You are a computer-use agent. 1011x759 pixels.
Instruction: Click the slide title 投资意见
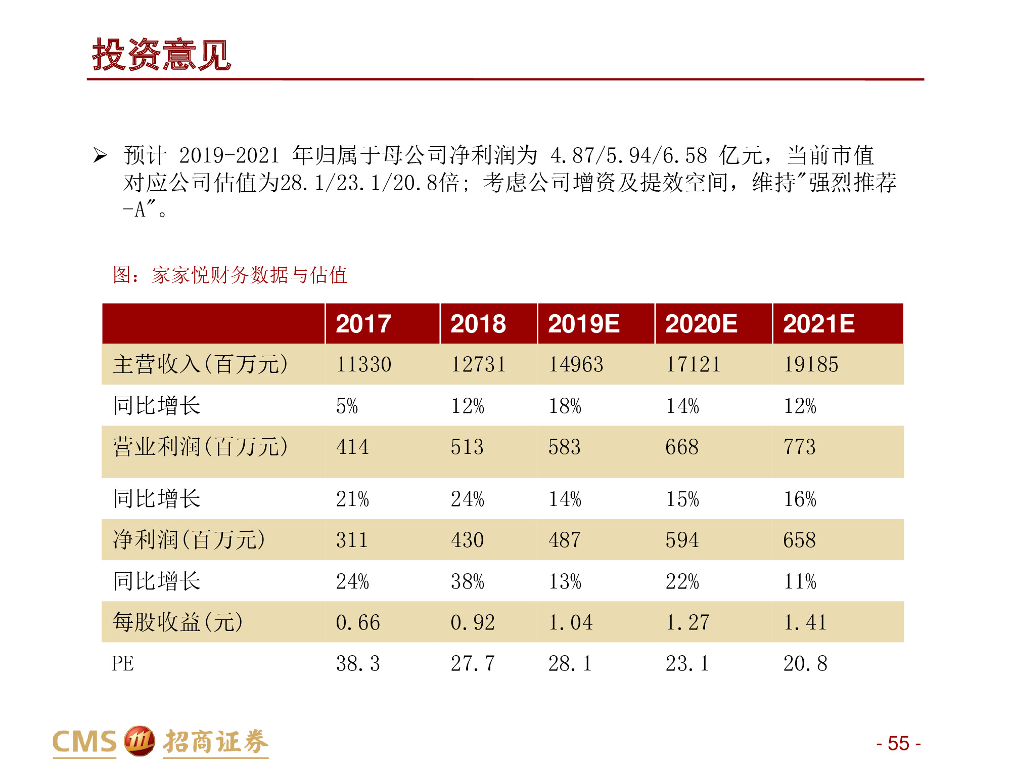(x=161, y=55)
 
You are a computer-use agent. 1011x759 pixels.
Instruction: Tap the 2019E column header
(x=583, y=324)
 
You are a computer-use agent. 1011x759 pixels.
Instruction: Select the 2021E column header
(x=818, y=324)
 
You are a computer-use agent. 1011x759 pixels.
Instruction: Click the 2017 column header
(x=363, y=324)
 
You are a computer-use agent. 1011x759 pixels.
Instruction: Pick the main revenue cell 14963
(x=576, y=365)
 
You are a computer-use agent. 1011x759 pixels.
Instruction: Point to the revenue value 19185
(x=811, y=365)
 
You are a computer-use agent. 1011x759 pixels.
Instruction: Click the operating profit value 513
(x=467, y=447)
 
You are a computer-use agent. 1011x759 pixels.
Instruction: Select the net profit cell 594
(x=682, y=540)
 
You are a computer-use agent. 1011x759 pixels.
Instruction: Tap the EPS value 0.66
(x=358, y=622)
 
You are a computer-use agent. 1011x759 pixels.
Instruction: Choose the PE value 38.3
(x=358, y=664)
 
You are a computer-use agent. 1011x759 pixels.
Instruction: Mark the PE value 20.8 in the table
(x=805, y=664)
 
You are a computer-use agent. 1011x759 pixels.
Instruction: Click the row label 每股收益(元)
(x=177, y=622)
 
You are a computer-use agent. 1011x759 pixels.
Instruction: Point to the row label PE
(x=123, y=664)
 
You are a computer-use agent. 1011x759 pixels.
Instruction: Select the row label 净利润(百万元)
(x=189, y=540)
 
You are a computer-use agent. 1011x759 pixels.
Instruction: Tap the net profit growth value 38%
(x=467, y=582)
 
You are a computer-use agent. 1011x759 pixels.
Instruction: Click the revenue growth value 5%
(x=347, y=406)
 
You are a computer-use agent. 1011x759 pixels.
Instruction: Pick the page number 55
(x=898, y=743)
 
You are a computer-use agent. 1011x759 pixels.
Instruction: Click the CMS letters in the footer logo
(x=84, y=742)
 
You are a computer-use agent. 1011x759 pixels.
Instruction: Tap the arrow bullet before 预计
(x=100, y=155)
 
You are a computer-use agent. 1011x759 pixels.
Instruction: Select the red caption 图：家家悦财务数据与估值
(x=230, y=275)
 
